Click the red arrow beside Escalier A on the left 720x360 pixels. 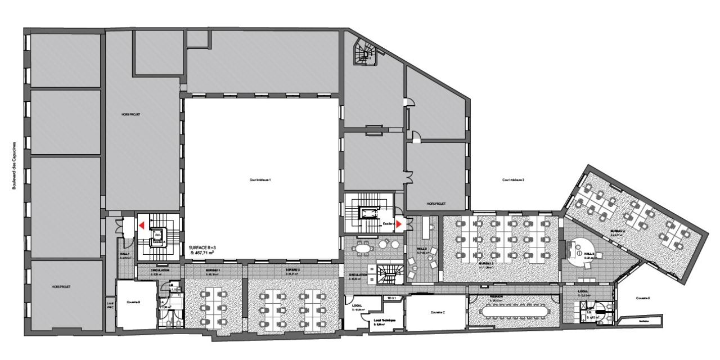point(142,225)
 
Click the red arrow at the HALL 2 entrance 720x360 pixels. point(399,224)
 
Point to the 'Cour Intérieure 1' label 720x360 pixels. point(260,180)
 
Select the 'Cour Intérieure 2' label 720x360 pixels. point(513,180)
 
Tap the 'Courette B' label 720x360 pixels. point(136,301)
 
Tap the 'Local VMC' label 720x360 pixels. point(110,307)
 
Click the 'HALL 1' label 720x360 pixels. point(124,254)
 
